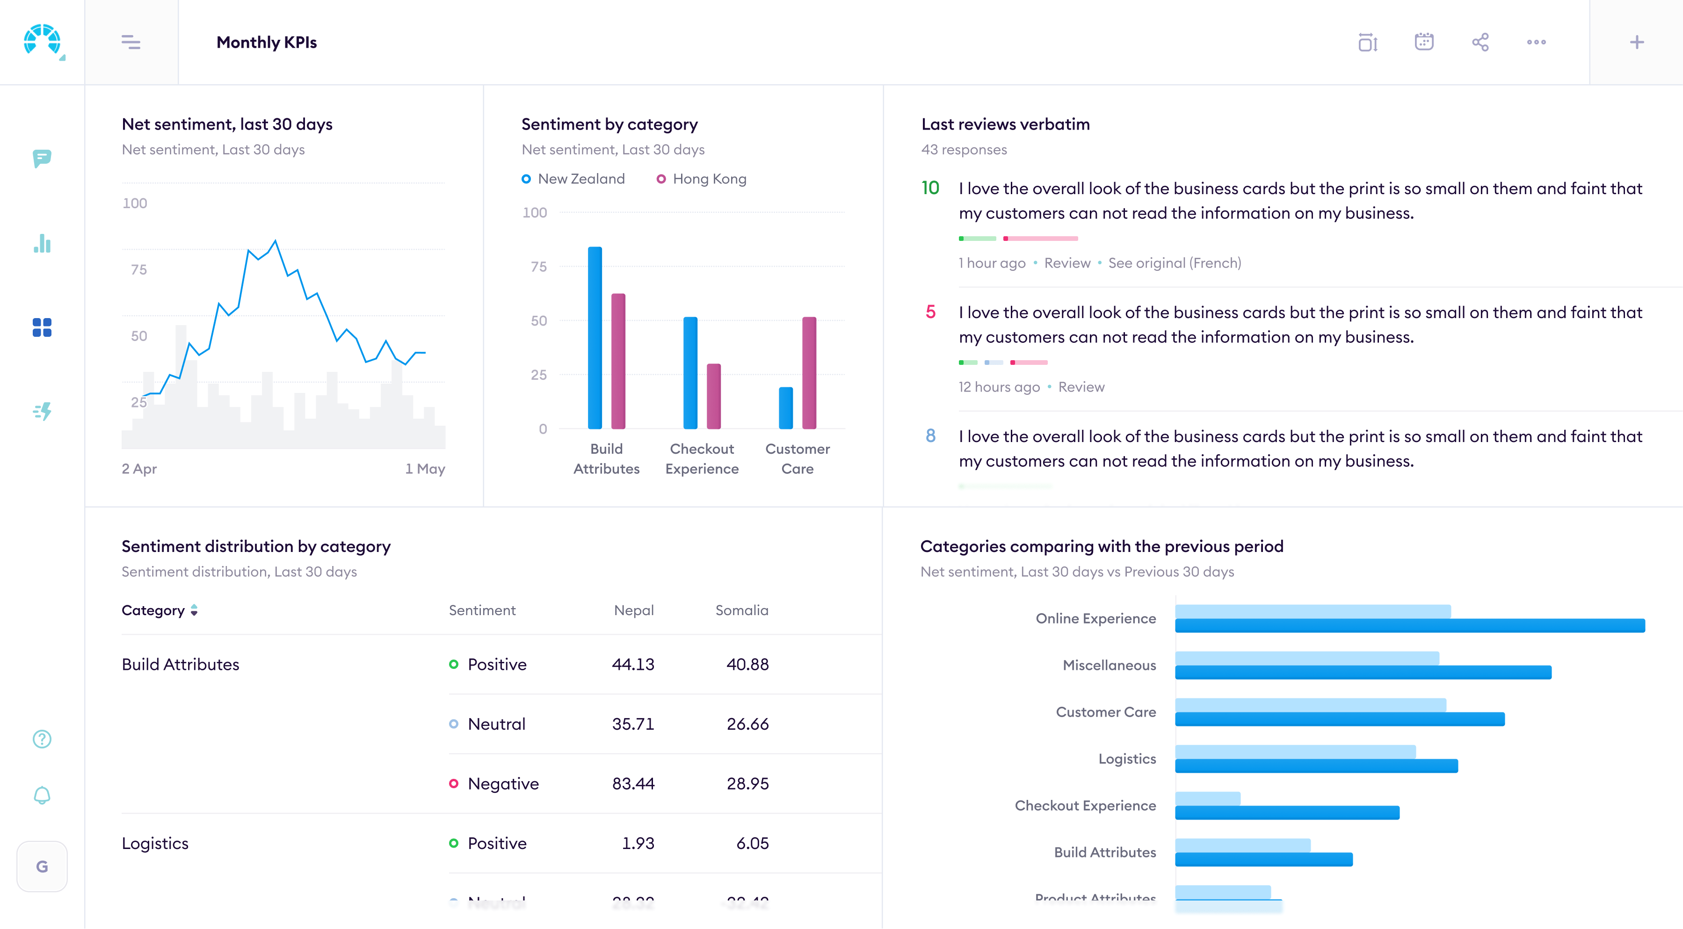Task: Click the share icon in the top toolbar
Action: click(1480, 43)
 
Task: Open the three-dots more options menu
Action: click(1536, 43)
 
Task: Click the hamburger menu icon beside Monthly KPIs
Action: click(131, 43)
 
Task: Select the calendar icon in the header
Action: click(1423, 43)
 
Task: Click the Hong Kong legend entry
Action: click(702, 179)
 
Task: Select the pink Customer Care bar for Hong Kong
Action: click(809, 372)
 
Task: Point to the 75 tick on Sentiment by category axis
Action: click(538, 267)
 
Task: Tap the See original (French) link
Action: click(1174, 262)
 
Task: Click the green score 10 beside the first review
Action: click(930, 188)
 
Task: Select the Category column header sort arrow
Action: click(194, 610)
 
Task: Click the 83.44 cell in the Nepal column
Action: click(632, 784)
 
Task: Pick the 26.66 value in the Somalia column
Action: click(747, 724)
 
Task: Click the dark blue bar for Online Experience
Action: click(1409, 626)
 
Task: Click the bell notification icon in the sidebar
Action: click(42, 795)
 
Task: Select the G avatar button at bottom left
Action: click(42, 866)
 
